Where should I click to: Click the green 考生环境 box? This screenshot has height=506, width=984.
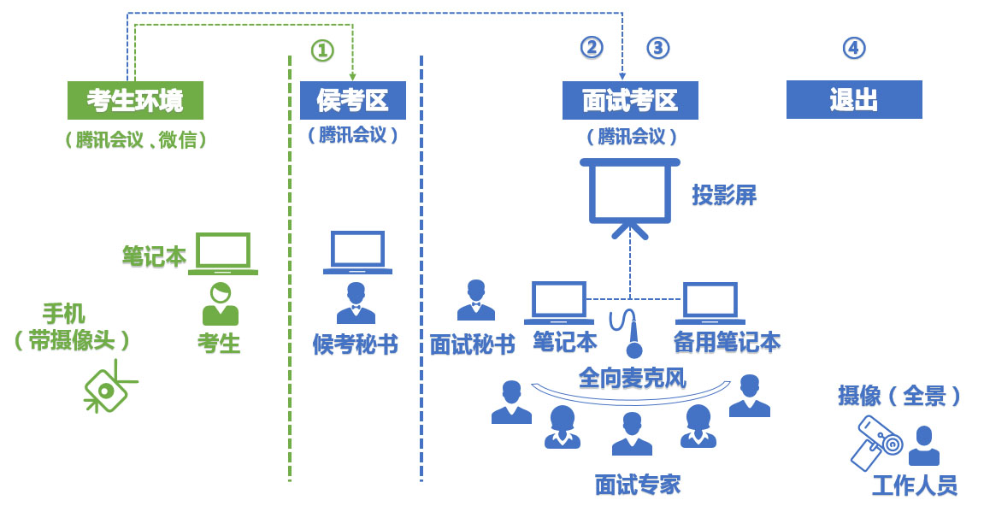point(135,100)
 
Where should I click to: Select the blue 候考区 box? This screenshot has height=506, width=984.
point(352,100)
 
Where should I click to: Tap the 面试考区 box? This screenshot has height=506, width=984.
point(630,100)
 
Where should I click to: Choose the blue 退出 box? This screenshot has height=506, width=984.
point(853,99)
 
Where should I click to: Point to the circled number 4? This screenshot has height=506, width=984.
point(853,48)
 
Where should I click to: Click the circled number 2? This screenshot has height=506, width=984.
point(592,48)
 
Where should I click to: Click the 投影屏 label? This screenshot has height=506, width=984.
point(724,195)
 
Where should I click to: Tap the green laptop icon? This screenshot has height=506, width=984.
point(223,253)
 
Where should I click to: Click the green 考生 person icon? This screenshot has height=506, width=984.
point(221,304)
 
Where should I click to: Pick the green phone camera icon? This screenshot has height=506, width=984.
point(108,390)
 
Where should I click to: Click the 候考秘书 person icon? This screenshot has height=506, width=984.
point(356,303)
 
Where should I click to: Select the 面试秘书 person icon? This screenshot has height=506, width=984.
point(476,300)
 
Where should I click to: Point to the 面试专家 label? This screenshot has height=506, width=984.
point(638,485)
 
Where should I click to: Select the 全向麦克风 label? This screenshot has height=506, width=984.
point(632,377)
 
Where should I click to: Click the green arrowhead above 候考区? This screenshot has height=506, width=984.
point(352,77)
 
